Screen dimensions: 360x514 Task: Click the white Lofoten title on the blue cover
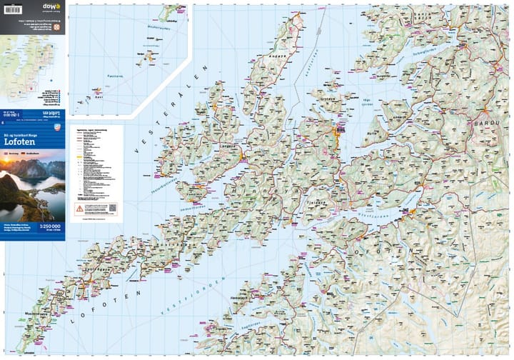click(24, 141)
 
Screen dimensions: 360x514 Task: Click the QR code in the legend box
click(112, 209)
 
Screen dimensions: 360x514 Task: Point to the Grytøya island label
click(327, 100)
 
